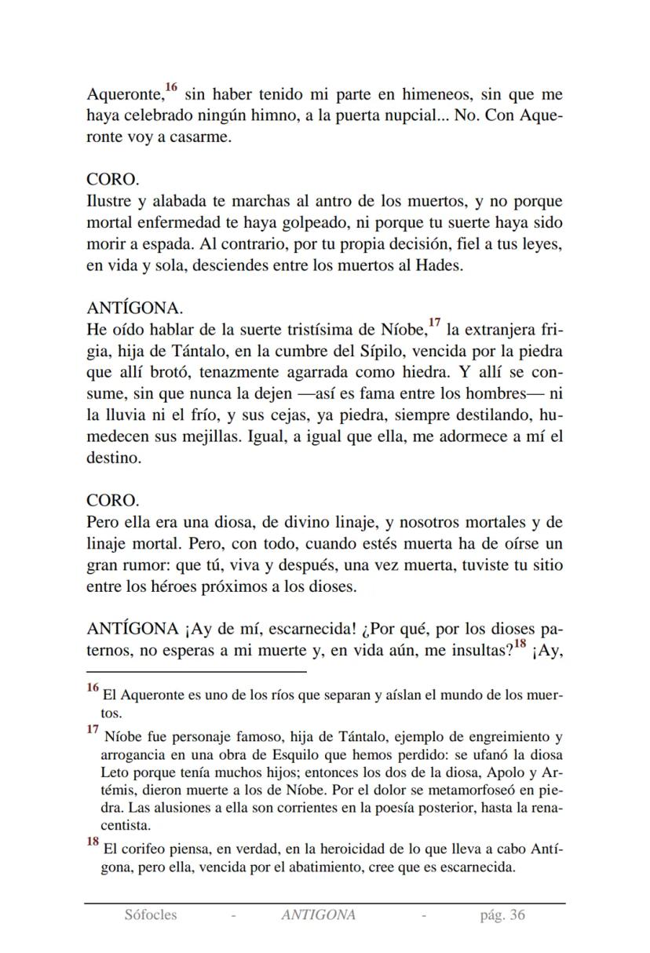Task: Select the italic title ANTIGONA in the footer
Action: [318, 915]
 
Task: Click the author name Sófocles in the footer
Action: [150, 915]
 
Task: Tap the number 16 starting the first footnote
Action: [93, 688]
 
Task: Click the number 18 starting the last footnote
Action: [93, 842]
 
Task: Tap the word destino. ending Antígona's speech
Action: [114, 458]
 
